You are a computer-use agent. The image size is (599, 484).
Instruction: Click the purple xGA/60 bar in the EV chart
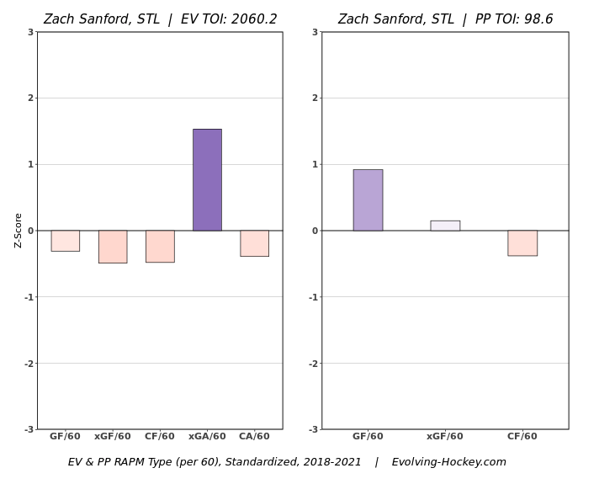coord(207,179)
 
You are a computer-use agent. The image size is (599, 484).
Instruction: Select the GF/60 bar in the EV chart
coord(65,241)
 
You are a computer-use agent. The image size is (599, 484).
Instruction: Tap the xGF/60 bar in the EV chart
coord(113,247)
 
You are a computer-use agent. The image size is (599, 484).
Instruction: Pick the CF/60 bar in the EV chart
coord(160,246)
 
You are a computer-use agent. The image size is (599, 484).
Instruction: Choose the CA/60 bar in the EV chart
coord(254,243)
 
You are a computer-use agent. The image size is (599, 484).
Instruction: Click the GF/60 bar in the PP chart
coord(368,200)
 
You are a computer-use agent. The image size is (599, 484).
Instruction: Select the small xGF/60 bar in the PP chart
coord(445,226)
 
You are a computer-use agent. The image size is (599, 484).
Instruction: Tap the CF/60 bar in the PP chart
coord(522,243)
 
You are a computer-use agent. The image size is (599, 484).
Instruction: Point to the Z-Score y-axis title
coord(19,230)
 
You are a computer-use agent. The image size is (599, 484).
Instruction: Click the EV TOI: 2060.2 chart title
coord(160,19)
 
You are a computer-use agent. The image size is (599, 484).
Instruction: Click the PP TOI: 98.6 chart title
coord(445,19)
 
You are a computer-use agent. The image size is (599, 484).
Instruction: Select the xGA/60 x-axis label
coord(207,437)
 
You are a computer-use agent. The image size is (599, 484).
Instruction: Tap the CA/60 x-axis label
coord(254,437)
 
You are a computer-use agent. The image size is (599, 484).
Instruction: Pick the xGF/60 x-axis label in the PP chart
coord(445,437)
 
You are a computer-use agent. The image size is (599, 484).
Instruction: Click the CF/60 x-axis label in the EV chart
coord(160,437)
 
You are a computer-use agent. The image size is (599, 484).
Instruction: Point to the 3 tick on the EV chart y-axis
coord(30,32)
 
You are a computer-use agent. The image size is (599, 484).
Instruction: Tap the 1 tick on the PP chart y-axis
coord(315,164)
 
